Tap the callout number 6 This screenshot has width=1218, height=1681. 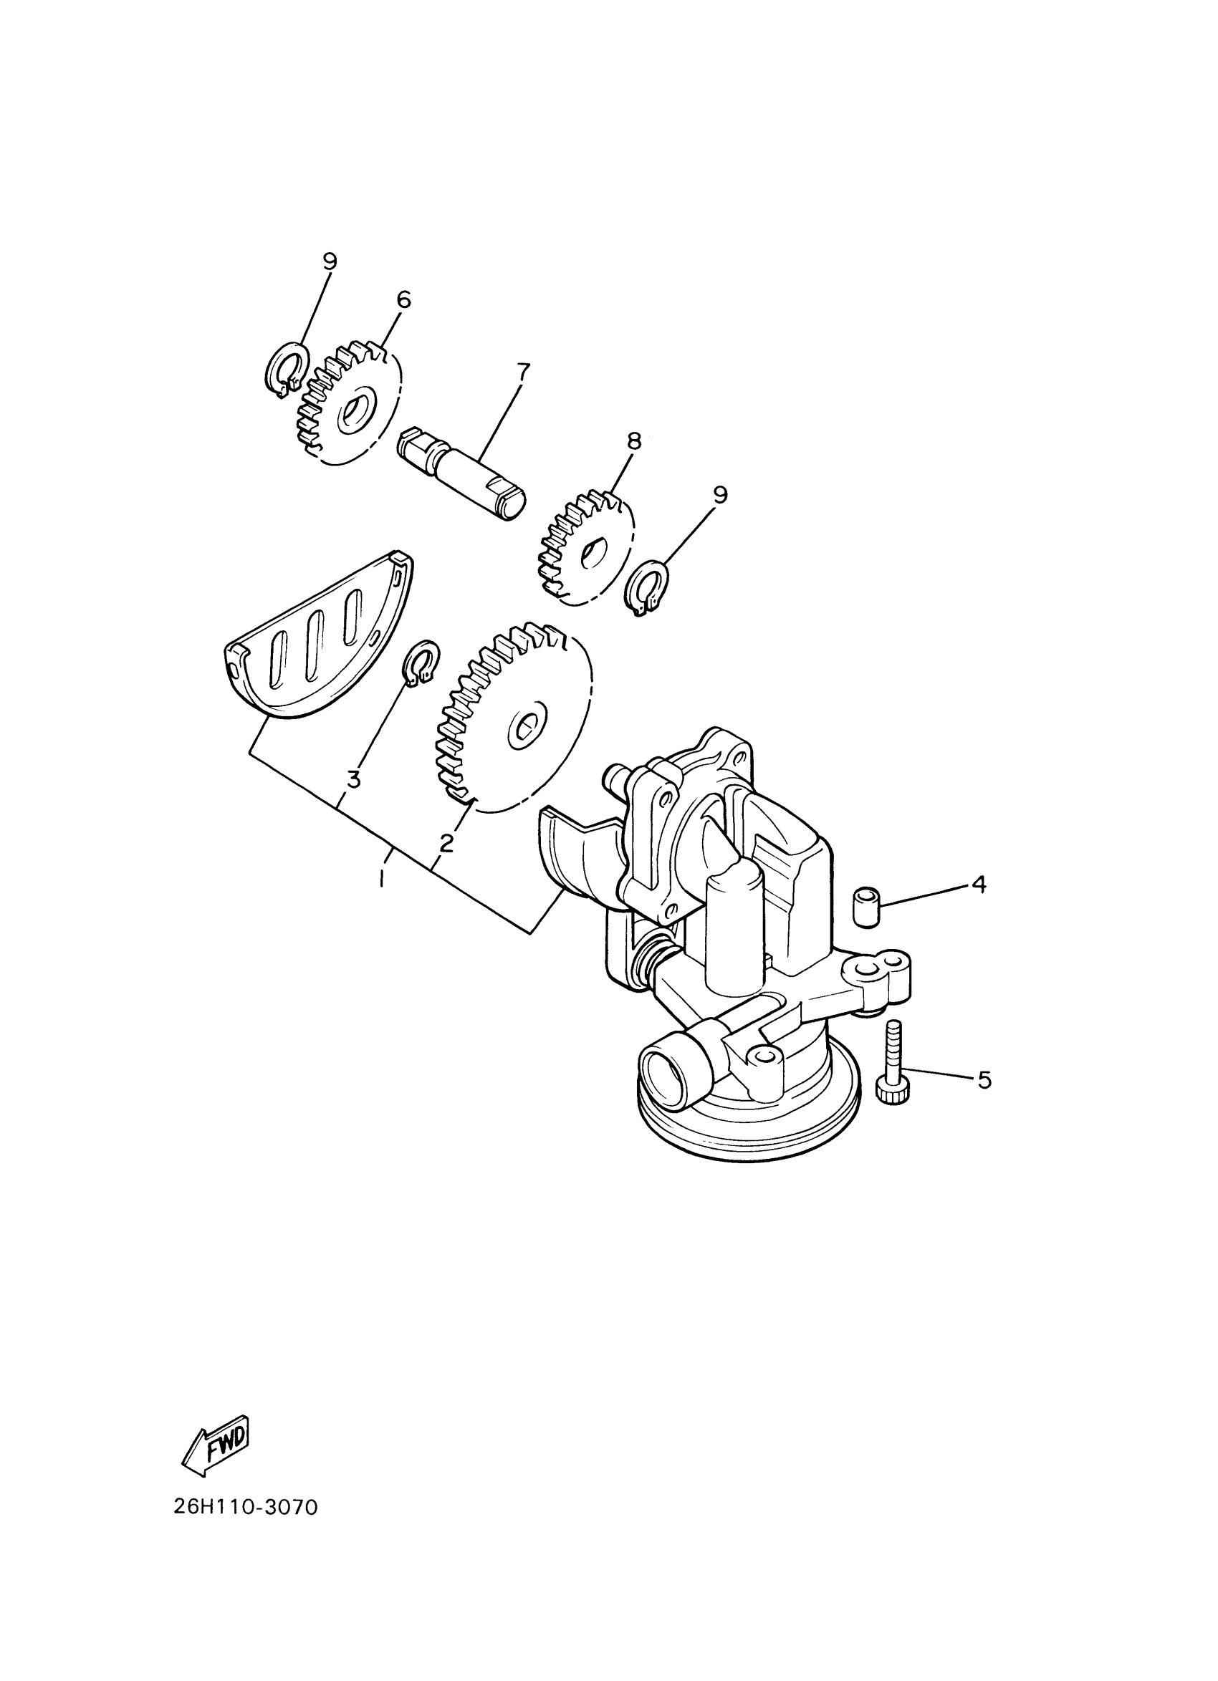403,299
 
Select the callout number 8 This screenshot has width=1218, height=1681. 633,442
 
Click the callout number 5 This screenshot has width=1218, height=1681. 984,1080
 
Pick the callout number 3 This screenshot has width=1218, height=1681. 354,780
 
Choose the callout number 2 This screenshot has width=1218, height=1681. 446,842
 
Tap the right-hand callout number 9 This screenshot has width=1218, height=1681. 720,494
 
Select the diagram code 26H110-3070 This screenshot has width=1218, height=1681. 245,1508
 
